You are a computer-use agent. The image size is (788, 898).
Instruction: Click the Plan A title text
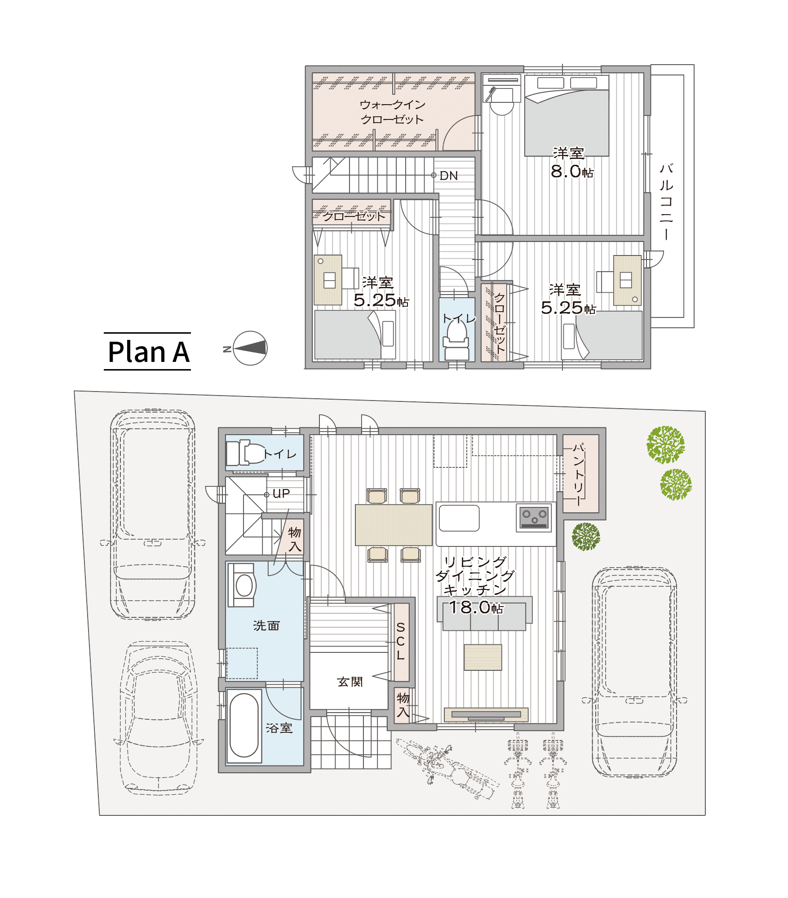pyautogui.click(x=149, y=352)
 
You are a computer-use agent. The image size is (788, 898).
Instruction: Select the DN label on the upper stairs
pyautogui.click(x=449, y=176)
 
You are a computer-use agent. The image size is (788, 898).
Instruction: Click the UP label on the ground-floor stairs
pyautogui.click(x=281, y=494)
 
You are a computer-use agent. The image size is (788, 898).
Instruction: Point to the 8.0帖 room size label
pyautogui.click(x=572, y=171)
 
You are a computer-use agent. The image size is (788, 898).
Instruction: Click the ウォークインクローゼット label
pyautogui.click(x=393, y=112)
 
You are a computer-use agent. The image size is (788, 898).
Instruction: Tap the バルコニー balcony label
pyautogui.click(x=666, y=202)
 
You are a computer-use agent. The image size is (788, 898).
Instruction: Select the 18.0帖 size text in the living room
pyautogui.click(x=476, y=607)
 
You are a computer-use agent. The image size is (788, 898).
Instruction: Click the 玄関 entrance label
pyautogui.click(x=350, y=682)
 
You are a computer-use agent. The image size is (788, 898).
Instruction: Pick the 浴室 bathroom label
pyautogui.click(x=279, y=728)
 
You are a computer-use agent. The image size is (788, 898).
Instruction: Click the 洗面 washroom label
pyautogui.click(x=266, y=625)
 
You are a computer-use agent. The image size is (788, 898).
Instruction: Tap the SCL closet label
pyautogui.click(x=401, y=641)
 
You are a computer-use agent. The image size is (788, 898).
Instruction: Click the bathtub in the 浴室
pyautogui.click(x=244, y=725)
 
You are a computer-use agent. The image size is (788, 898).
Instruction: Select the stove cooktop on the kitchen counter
pyautogui.click(x=534, y=517)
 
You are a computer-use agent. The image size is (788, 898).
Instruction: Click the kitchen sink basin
pyautogui.click(x=459, y=518)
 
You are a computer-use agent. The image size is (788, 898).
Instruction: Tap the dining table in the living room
pyautogui.click(x=394, y=525)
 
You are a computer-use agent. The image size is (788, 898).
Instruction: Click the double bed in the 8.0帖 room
pyautogui.click(x=567, y=116)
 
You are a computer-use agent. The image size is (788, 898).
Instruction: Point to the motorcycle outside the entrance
pyautogui.click(x=447, y=769)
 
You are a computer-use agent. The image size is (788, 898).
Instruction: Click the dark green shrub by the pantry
pyautogui.click(x=586, y=537)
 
